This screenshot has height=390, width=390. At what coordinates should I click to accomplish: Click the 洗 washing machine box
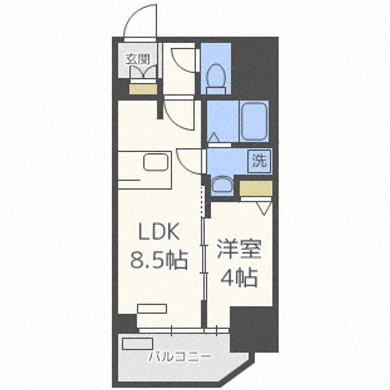click(x=260, y=160)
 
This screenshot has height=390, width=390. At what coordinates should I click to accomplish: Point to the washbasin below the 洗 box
click(x=220, y=185)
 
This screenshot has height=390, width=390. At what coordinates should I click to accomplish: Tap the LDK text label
click(x=158, y=233)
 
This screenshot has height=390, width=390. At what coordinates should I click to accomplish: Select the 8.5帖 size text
click(x=158, y=261)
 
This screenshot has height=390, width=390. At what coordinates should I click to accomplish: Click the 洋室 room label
click(x=239, y=250)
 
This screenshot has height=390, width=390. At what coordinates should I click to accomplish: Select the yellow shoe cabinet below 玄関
click(x=142, y=89)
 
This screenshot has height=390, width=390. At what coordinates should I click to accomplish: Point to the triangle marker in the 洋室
click(x=264, y=206)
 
